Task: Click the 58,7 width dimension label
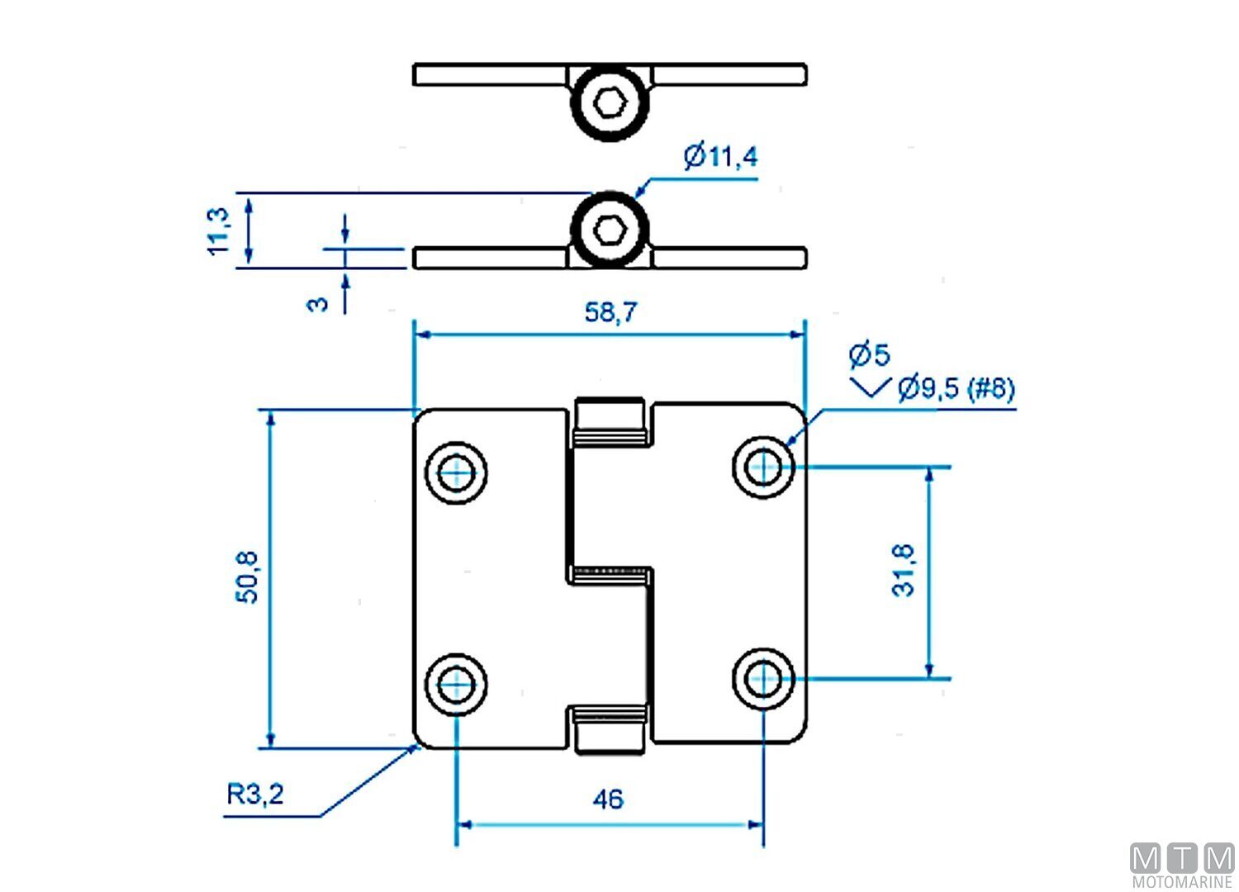click(610, 312)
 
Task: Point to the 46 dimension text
click(608, 799)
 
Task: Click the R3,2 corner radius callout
click(255, 795)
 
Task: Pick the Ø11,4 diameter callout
click(720, 156)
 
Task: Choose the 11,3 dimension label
click(218, 230)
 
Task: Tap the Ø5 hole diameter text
click(870, 355)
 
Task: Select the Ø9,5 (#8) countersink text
click(956, 387)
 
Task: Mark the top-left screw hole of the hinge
click(456, 472)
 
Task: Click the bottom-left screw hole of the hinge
click(456, 684)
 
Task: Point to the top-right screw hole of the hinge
click(763, 467)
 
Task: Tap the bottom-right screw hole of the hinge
click(763, 679)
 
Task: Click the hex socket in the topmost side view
click(610, 103)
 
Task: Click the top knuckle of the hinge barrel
click(610, 423)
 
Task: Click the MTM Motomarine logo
click(1182, 866)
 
